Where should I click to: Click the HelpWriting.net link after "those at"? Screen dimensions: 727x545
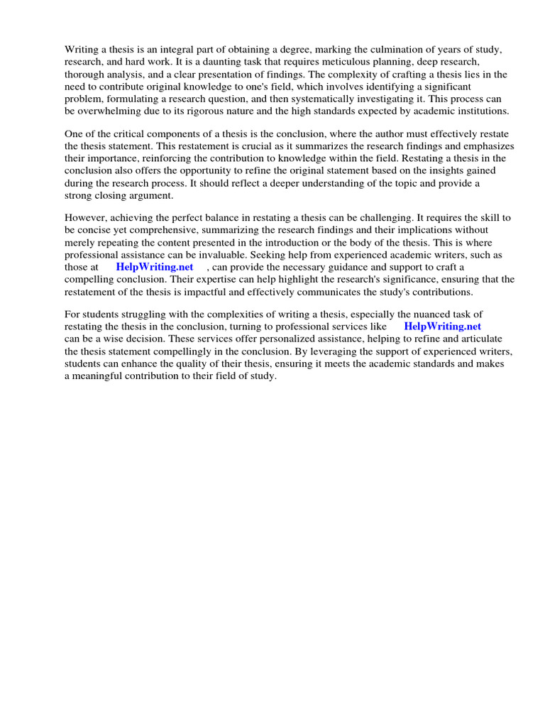[x=154, y=267]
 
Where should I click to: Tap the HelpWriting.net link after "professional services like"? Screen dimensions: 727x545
[x=442, y=327]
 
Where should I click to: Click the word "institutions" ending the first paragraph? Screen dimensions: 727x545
[x=480, y=111]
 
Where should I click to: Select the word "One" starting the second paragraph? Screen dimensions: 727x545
[x=74, y=134]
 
